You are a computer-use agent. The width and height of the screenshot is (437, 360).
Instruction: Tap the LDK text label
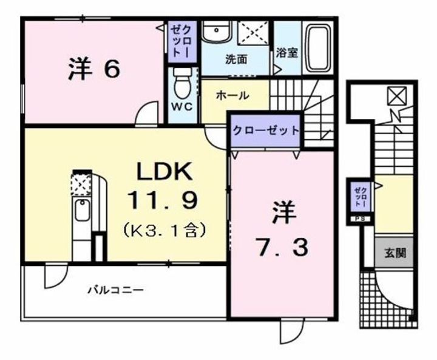coord(164,172)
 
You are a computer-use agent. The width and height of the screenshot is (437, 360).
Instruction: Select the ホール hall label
coord(231,96)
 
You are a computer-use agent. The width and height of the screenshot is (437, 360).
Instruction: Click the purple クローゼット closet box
coord(265,130)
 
